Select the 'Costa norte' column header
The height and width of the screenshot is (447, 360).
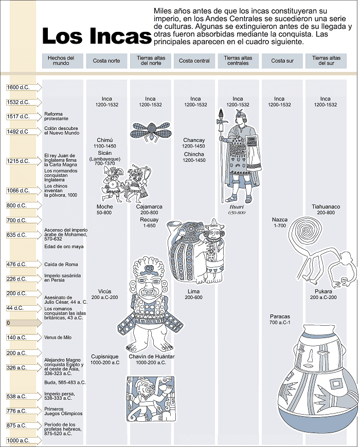point(106,61)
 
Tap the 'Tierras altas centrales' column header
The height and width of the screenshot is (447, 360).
point(238,61)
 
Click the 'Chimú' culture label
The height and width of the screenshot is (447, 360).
point(104,140)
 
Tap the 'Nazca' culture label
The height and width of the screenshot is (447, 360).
point(280,220)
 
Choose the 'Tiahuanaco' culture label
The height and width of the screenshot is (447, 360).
point(326,207)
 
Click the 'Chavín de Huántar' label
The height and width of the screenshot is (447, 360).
point(151,357)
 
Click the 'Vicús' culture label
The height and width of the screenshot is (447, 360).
point(104,291)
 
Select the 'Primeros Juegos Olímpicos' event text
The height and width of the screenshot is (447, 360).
point(63,411)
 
